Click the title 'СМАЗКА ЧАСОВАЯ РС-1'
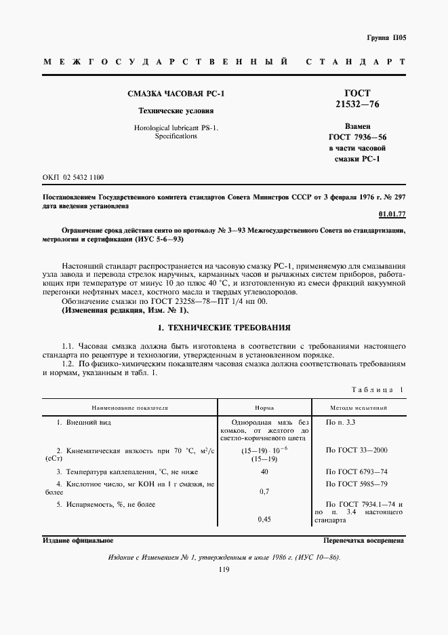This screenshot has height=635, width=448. point(176,94)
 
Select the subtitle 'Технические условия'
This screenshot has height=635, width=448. point(176,111)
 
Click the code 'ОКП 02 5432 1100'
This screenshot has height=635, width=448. point(73,176)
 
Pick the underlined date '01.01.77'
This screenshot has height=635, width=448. point(392,214)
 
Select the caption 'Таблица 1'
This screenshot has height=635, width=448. point(378,389)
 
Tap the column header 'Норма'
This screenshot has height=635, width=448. point(264,408)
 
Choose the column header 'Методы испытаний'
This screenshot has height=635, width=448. point(359,408)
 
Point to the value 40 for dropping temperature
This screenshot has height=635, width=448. point(264,472)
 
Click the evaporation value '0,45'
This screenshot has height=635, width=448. point(264,520)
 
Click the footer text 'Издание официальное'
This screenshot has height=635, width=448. point(77,541)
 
